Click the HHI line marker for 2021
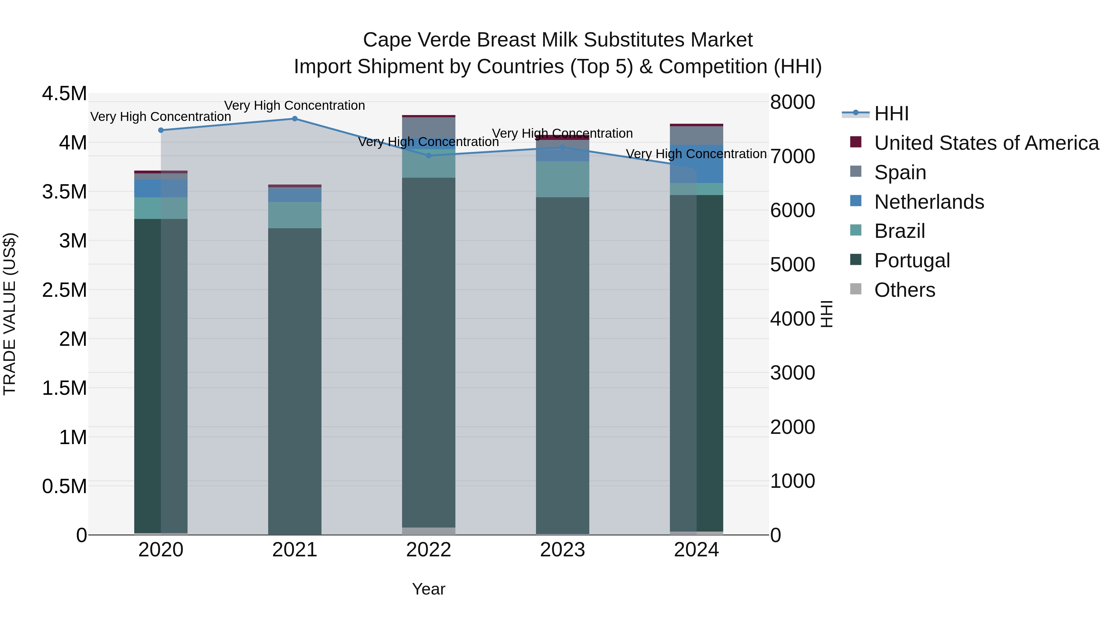294,119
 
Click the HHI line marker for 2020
161,130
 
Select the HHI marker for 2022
428,156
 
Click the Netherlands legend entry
929,202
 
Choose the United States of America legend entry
986,143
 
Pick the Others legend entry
904,290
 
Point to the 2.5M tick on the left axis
64,290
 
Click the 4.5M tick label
64,94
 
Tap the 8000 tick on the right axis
792,102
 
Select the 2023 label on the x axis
562,550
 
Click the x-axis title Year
428,589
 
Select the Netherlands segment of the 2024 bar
696,164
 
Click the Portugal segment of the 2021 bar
294,381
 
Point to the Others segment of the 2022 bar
428,531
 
